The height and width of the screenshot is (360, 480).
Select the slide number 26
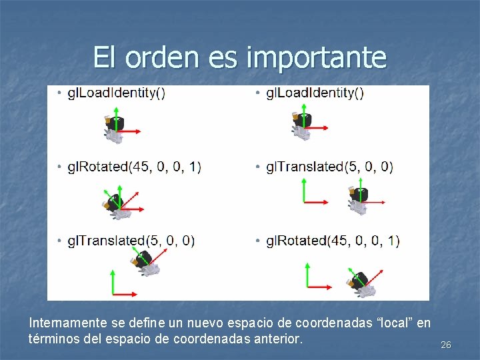[446, 345]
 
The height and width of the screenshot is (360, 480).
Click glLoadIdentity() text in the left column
[116, 93]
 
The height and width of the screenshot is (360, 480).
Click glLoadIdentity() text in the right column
[315, 93]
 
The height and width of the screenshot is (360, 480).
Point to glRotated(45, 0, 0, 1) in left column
[134, 167]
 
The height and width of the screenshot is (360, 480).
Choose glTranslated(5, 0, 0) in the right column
[329, 167]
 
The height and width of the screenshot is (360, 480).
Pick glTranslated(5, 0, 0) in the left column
[131, 240]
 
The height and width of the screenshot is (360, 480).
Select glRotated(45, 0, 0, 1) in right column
[333, 240]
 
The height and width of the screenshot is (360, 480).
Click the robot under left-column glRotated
[115, 204]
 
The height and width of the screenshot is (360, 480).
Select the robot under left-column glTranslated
[145, 261]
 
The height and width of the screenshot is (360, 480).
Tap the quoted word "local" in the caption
[397, 323]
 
